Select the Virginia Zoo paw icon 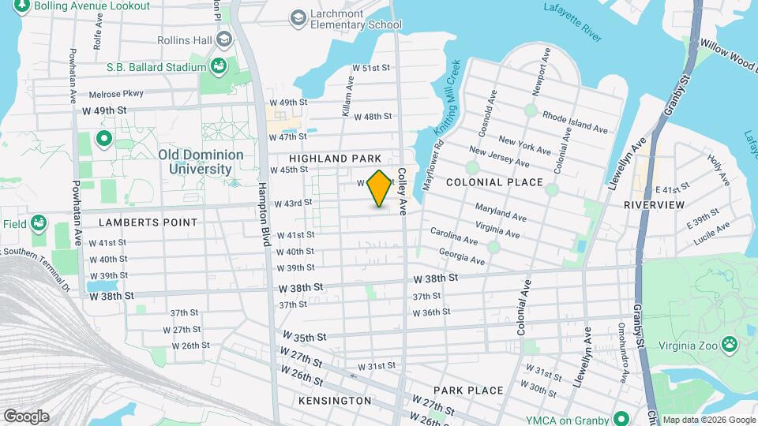tap(730, 344)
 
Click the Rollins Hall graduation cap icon tap(224, 38)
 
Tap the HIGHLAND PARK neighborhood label tap(340, 159)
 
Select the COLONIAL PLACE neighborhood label tap(494, 182)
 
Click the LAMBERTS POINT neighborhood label tap(148, 222)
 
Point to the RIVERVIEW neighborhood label tap(654, 204)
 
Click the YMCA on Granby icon tap(621, 417)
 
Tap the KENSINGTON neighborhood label tap(335, 401)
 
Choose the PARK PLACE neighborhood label tap(468, 390)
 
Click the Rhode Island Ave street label tap(574, 120)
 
